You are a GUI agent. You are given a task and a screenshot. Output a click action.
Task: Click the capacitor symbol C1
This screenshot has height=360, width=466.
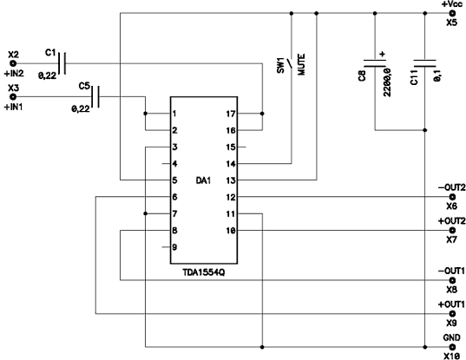62,63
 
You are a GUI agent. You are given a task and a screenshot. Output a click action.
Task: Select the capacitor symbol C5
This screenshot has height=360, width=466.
95,97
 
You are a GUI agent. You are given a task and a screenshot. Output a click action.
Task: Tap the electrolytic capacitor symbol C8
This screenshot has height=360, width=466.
375,63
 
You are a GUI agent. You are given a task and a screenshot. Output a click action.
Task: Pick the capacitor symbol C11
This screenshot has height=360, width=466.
424,63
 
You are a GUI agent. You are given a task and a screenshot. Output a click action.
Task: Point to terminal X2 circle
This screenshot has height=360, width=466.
13,63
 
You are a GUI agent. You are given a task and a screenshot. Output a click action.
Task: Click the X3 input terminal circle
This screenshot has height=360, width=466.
13,97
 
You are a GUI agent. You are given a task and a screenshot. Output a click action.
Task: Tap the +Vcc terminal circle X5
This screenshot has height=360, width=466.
452,13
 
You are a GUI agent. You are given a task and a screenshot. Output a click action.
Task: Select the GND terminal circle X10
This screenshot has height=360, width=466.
452,347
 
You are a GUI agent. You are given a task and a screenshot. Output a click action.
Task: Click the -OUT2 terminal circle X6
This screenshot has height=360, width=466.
452,197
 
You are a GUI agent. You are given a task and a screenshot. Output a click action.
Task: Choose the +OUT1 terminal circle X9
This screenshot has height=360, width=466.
452,313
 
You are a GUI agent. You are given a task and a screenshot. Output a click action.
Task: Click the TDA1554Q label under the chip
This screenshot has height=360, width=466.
204,272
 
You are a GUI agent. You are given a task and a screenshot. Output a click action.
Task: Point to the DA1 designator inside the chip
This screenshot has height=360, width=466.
203,180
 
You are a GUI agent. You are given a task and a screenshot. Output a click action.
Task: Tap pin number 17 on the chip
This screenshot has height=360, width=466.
231,114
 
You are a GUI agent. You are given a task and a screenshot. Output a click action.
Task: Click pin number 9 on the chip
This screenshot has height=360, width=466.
174,247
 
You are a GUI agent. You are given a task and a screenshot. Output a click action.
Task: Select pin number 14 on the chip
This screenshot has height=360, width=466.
231,164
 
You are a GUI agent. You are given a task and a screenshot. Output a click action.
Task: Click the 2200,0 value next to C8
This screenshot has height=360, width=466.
387,82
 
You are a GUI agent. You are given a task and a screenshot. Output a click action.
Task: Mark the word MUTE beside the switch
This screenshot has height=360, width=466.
301,64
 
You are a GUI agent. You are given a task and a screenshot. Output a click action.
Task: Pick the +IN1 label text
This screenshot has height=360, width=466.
13,107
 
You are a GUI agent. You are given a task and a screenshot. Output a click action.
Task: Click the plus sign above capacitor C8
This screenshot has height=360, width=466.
383,54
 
